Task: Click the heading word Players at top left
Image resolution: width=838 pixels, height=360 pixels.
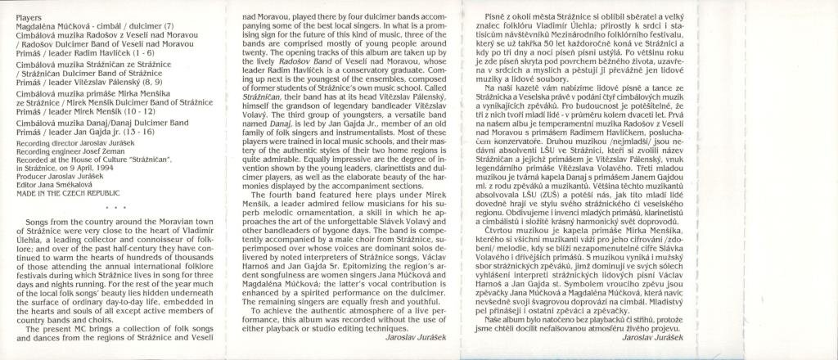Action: [29, 16]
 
